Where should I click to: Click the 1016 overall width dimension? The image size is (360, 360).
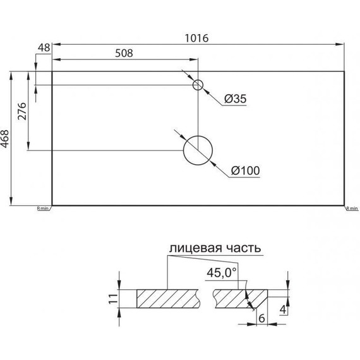click(x=198, y=37)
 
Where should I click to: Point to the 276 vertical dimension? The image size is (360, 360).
click(x=21, y=111)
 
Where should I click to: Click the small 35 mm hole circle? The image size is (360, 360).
click(x=198, y=85)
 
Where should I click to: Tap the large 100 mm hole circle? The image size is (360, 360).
click(x=198, y=150)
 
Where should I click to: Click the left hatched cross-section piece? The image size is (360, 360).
click(x=168, y=298)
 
